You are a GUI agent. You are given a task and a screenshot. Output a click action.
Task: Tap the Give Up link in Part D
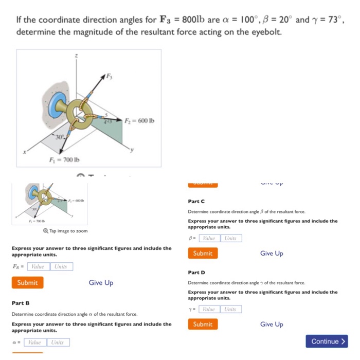click(x=272, y=324)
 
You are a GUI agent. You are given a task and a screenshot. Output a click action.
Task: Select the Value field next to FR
click(x=39, y=266)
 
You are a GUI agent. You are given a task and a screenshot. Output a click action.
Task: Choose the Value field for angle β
click(x=208, y=238)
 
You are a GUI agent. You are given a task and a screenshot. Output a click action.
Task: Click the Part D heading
click(x=196, y=272)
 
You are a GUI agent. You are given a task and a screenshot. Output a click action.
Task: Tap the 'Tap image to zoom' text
click(x=67, y=231)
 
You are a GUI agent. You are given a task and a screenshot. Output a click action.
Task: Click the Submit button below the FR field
click(x=27, y=282)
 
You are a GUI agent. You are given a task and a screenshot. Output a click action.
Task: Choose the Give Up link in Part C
click(x=272, y=253)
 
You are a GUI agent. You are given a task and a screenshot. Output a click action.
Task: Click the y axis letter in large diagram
click(x=132, y=151)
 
